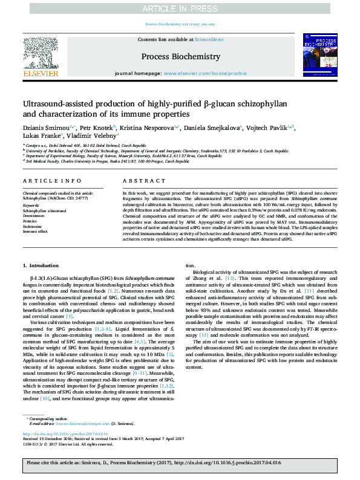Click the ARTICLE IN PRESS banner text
(x=180, y=8)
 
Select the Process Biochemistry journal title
(x=180, y=56)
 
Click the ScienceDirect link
(x=209, y=39)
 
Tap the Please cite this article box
(x=180, y=464)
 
